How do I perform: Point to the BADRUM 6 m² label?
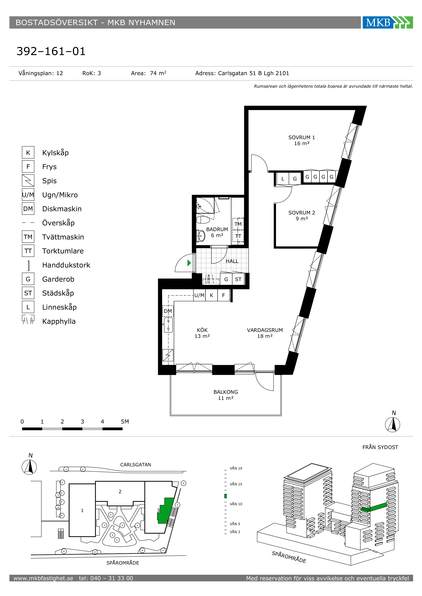[217, 232]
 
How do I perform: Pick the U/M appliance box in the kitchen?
[199, 295]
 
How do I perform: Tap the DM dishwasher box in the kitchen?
[168, 311]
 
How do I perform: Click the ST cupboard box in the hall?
[238, 279]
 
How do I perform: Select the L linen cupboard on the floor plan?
[283, 179]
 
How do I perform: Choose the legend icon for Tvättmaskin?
[28, 237]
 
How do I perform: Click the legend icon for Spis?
[28, 181]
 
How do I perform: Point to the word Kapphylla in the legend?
[59, 321]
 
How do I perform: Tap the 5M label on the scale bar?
[125, 422]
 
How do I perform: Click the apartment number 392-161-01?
[51, 51]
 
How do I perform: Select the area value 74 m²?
[158, 73]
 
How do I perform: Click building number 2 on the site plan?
[120, 491]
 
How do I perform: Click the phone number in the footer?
[106, 578]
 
